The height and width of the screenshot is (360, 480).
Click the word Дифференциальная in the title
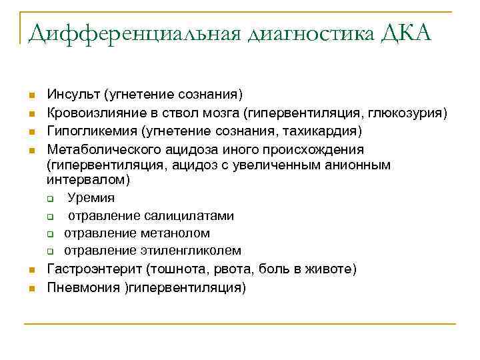click(134, 31)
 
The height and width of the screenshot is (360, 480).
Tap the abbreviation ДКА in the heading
click(407, 31)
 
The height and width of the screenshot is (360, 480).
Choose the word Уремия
click(91, 198)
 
